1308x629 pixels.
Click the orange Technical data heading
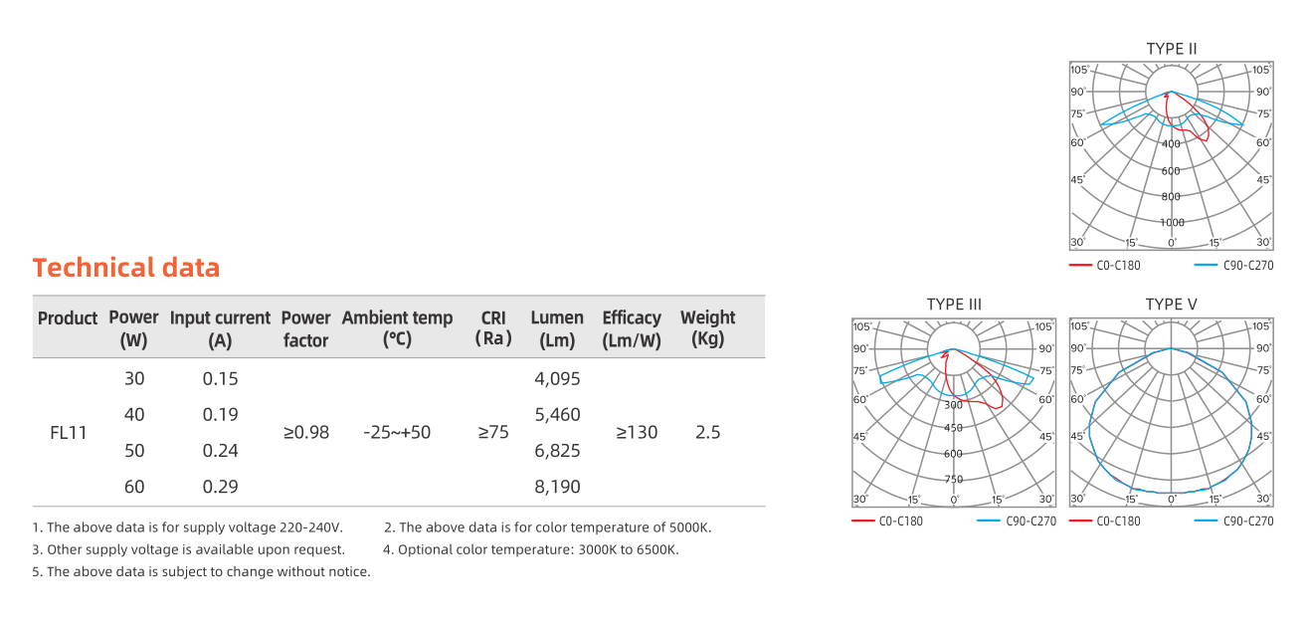click(x=126, y=268)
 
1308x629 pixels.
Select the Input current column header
click(x=220, y=328)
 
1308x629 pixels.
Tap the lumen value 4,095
click(x=557, y=379)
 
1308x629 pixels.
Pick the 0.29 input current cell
click(x=220, y=488)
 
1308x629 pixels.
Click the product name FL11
click(x=69, y=433)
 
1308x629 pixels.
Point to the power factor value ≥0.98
click(x=305, y=433)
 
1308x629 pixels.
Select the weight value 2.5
click(x=707, y=433)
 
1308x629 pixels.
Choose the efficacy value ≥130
click(x=636, y=433)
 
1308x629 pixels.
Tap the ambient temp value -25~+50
click(x=397, y=433)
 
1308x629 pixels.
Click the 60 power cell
click(x=134, y=488)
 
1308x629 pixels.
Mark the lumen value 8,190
click(x=557, y=488)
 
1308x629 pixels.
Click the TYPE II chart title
click(x=1172, y=49)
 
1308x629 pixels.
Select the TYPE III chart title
click(x=954, y=305)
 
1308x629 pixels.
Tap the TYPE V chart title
click(x=1172, y=305)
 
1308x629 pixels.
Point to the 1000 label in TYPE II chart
click(x=1172, y=222)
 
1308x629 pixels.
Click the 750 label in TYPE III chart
click(x=954, y=479)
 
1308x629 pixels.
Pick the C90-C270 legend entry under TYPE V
click(x=1246, y=522)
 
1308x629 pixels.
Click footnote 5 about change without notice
click(x=201, y=572)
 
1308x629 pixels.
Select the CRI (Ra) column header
click(x=493, y=328)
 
